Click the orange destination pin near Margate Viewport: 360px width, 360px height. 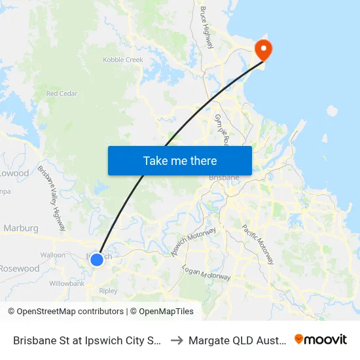click(264, 49)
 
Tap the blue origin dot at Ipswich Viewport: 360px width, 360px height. click(96, 260)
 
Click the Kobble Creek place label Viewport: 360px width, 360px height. click(123, 60)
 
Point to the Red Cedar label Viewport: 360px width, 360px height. click(62, 94)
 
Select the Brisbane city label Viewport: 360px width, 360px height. click(224, 177)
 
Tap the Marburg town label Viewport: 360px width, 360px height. click(21, 228)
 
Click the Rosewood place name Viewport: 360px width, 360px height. click(19, 268)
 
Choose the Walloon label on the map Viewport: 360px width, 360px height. click(52, 255)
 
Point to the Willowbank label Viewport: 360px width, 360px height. click(67, 284)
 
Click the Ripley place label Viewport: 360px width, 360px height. click(108, 291)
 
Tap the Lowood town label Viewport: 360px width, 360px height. click(14, 173)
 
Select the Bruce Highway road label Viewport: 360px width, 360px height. click(207, 27)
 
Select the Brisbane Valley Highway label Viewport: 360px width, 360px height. click(52, 198)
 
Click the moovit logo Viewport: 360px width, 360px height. click(321, 340)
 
